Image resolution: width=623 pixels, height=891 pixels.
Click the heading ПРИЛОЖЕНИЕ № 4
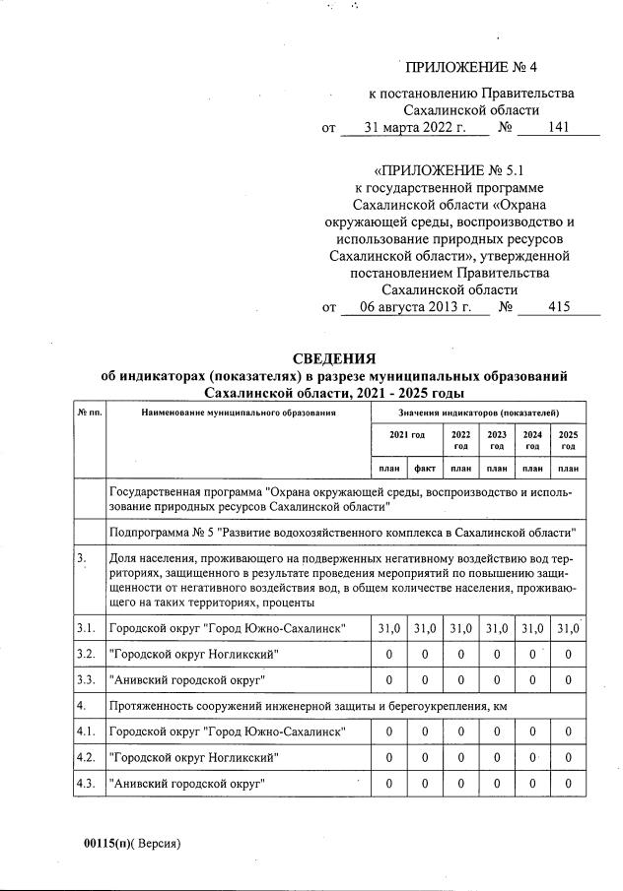point(474,68)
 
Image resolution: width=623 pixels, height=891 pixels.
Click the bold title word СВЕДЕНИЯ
point(334,357)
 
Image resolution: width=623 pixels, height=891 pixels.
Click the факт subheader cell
point(426,468)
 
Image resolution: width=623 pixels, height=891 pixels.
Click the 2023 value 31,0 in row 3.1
point(496,627)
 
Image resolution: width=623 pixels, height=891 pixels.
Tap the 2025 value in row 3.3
point(568,679)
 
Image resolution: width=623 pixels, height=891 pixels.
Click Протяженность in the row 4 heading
point(151,706)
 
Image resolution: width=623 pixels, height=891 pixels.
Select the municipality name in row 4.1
point(226,732)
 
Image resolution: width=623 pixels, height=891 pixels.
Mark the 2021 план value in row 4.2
point(389,758)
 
